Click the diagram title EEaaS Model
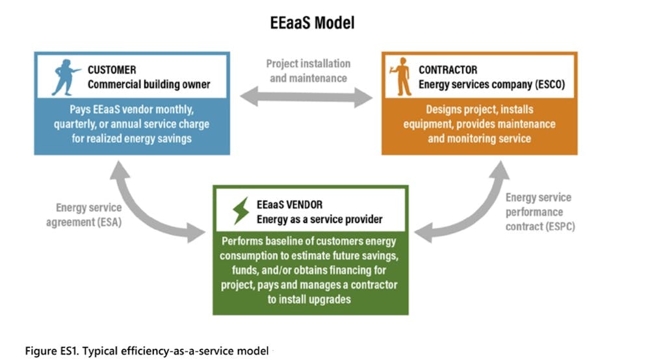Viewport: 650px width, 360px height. click(x=312, y=23)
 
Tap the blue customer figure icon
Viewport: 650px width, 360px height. click(x=64, y=77)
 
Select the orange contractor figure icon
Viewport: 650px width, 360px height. click(x=401, y=77)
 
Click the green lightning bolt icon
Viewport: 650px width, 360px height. click(x=241, y=211)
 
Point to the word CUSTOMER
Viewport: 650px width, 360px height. click(x=112, y=70)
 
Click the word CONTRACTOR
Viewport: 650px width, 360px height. click(x=448, y=70)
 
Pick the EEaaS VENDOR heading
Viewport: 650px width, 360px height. click(x=289, y=205)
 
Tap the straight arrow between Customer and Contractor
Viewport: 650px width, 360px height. click(x=306, y=97)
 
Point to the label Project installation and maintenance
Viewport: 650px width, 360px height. click(x=308, y=71)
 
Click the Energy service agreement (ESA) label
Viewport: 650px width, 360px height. click(x=84, y=214)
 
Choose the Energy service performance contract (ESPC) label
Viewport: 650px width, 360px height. click(x=540, y=212)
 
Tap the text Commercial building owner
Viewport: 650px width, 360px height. click(x=149, y=84)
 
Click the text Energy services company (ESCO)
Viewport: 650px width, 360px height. click(x=491, y=84)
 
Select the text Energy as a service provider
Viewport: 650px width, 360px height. click(x=319, y=219)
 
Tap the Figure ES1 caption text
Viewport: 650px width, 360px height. click(x=147, y=351)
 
